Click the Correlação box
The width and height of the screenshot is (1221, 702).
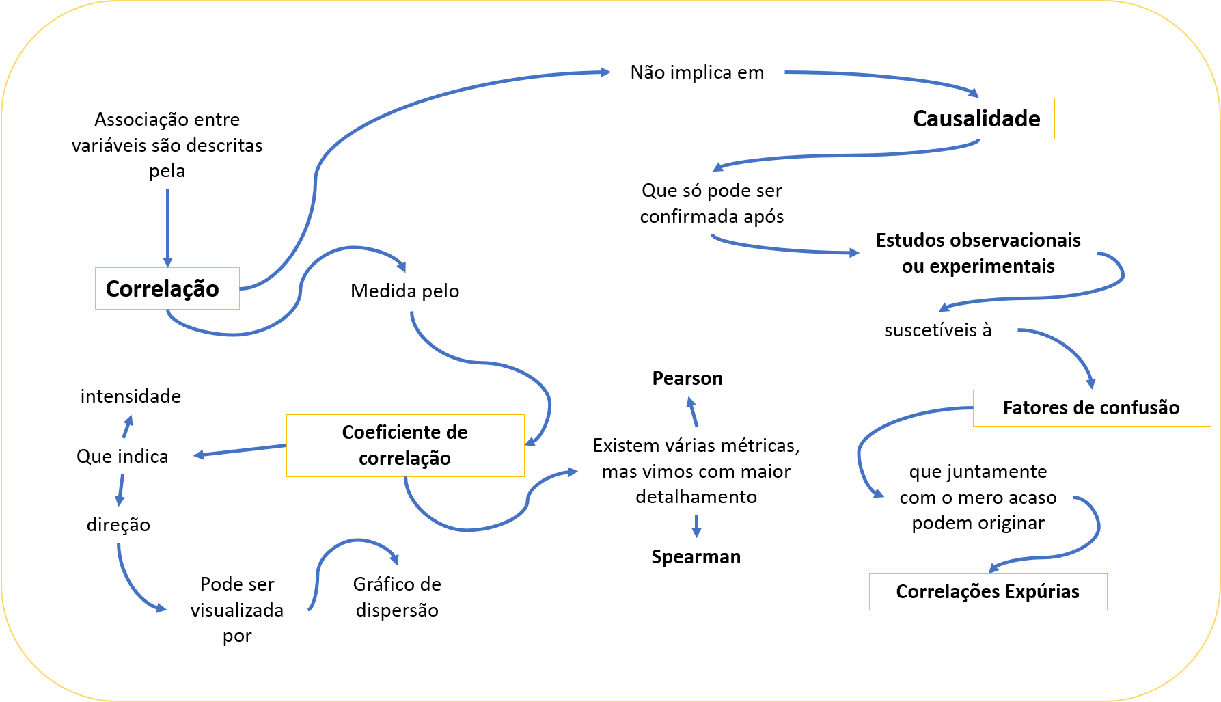click(x=167, y=288)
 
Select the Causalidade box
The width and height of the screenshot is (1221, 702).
click(x=978, y=119)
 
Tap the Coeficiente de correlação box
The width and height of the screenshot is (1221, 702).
click(x=404, y=445)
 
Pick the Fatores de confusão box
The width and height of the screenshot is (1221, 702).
click(x=1091, y=408)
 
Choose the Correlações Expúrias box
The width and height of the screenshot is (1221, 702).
click(x=987, y=591)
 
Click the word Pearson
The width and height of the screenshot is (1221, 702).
click(x=687, y=379)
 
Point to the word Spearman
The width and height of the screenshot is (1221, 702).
click(x=696, y=557)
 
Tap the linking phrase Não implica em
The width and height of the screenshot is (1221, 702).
click(x=697, y=72)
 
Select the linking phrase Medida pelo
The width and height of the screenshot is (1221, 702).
click(x=404, y=291)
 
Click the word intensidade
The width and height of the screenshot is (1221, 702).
click(x=131, y=396)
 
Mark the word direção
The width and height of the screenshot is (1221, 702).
click(x=118, y=525)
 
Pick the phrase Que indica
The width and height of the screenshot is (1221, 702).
click(x=122, y=457)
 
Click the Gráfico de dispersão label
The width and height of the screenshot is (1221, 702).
click(x=397, y=597)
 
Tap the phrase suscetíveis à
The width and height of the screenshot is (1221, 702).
click(x=937, y=330)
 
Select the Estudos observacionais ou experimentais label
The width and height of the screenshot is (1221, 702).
click(x=978, y=253)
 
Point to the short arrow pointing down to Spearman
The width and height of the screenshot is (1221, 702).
click(x=696, y=526)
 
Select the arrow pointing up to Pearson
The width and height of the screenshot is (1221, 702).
click(x=693, y=413)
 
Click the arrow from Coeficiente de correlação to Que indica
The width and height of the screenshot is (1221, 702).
click(x=240, y=450)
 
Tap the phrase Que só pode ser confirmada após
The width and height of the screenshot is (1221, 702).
click(x=711, y=204)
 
